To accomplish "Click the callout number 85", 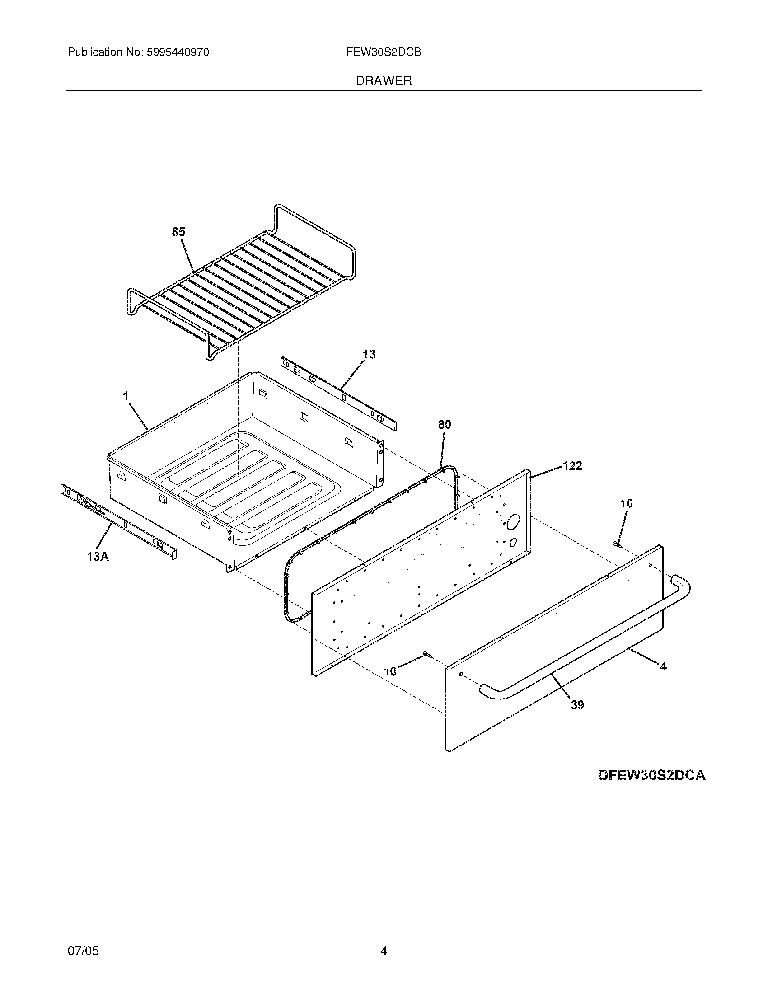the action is point(178,232).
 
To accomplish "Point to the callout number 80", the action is point(445,425).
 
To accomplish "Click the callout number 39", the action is point(577,705).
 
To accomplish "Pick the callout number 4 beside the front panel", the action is point(663,666).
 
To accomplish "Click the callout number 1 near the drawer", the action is point(126,396).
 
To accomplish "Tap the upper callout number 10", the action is point(627,503).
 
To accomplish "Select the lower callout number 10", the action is point(390,671).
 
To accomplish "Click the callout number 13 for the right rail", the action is point(369,354).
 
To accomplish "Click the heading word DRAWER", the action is point(384,81).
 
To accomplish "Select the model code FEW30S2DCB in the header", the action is point(384,52).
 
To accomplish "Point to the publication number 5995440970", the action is point(178,52).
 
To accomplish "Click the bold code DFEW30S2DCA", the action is point(651,775).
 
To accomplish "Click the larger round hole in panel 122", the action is point(512,522).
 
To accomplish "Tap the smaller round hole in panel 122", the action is point(512,542).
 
